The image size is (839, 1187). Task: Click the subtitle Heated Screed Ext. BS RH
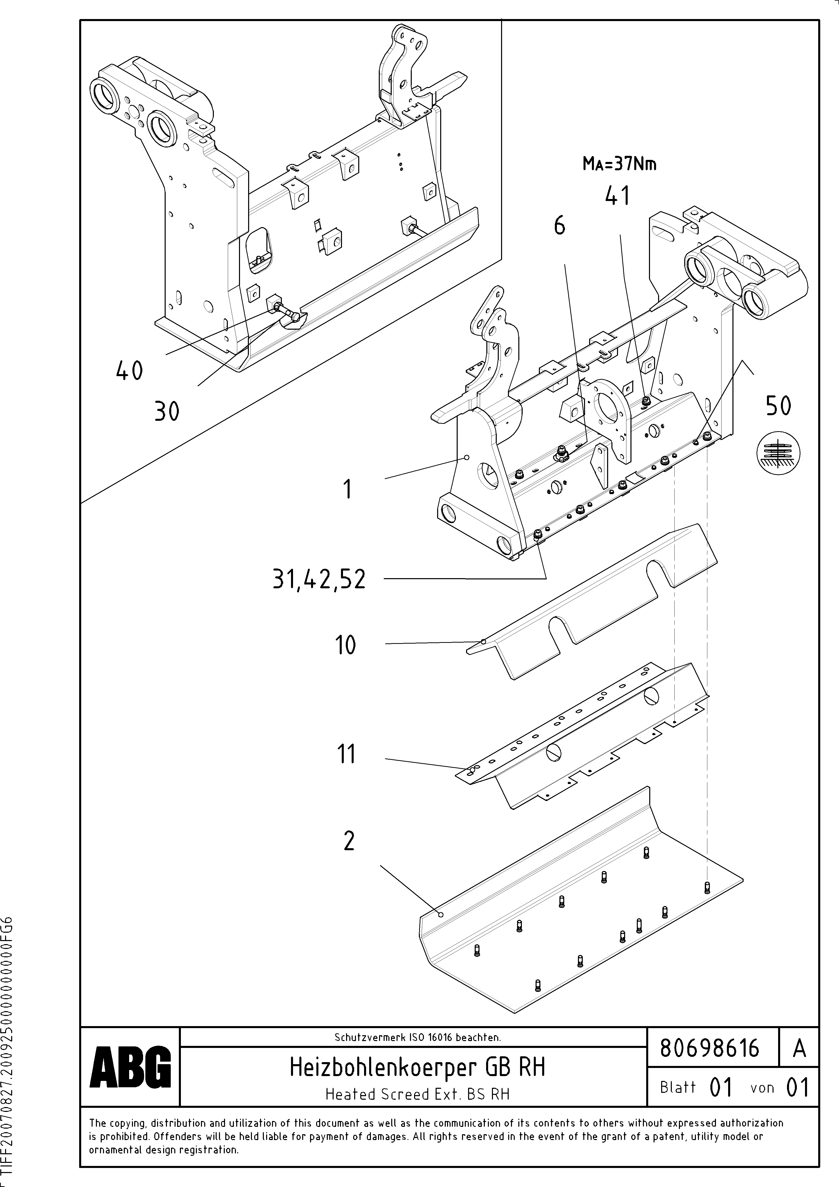point(417,1094)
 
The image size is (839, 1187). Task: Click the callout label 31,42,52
point(319,580)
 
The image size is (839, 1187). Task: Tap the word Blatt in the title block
point(678,1087)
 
